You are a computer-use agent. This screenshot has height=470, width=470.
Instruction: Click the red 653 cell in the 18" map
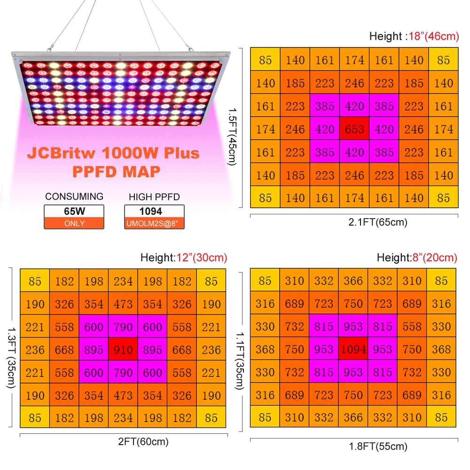(354, 129)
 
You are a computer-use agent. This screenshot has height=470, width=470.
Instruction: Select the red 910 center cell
(123, 350)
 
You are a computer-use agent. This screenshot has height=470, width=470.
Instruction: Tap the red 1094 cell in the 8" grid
(353, 349)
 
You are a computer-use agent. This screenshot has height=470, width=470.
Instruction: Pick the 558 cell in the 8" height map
(412, 326)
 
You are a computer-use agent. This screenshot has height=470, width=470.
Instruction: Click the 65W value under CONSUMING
(74, 211)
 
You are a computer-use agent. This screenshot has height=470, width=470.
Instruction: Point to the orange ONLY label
(74, 223)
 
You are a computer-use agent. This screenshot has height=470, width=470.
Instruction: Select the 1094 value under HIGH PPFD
(154, 211)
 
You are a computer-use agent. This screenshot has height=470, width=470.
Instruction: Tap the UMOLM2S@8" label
(154, 223)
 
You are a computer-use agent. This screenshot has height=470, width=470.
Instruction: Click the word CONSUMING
(74, 196)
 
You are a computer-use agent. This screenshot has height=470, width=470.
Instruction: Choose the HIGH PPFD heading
(154, 197)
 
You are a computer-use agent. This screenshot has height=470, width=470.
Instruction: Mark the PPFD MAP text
(116, 171)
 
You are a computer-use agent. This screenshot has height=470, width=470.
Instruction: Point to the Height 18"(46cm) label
(414, 36)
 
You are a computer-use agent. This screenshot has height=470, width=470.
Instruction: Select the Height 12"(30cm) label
(183, 258)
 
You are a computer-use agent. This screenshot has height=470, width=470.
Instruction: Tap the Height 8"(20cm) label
(416, 258)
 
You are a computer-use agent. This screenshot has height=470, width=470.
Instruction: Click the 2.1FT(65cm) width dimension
(377, 222)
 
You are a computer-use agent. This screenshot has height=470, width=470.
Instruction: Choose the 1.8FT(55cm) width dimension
(377, 446)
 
